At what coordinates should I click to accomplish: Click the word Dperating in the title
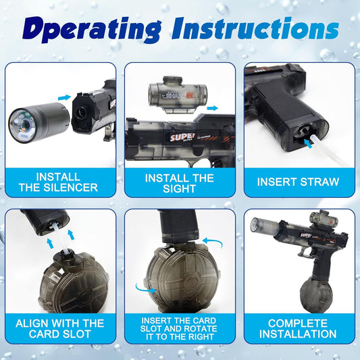tap(91, 30)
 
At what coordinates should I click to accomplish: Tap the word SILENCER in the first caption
tap(71, 188)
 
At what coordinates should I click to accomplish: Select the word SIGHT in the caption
tap(179, 188)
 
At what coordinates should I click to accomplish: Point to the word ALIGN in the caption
tap(32, 324)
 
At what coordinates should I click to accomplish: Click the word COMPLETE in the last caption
tap(298, 324)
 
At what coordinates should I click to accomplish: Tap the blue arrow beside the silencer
tap(64, 97)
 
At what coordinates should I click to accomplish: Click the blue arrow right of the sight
tap(212, 108)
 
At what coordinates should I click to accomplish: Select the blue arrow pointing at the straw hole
tap(309, 143)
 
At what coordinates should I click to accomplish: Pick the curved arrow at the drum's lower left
tap(145, 288)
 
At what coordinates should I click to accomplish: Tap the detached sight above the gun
tap(178, 95)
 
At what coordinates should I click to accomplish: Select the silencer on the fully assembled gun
tap(265, 225)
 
